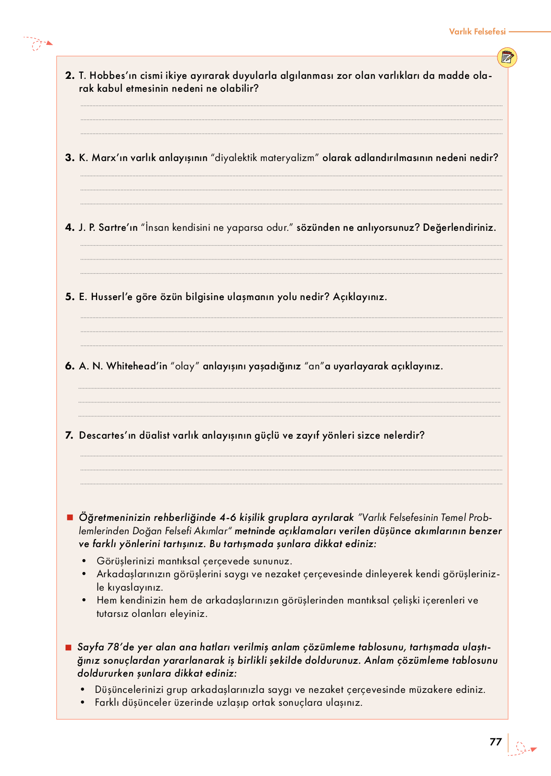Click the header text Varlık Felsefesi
click(477, 32)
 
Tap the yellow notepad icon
click(507, 58)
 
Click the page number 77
click(496, 742)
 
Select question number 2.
click(70, 75)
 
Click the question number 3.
click(70, 158)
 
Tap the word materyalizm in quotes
click(290, 158)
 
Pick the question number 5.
click(70, 297)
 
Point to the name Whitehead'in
click(137, 366)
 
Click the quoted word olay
click(185, 366)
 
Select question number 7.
click(69, 435)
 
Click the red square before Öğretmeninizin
click(70, 517)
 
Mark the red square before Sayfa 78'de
click(69, 647)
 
